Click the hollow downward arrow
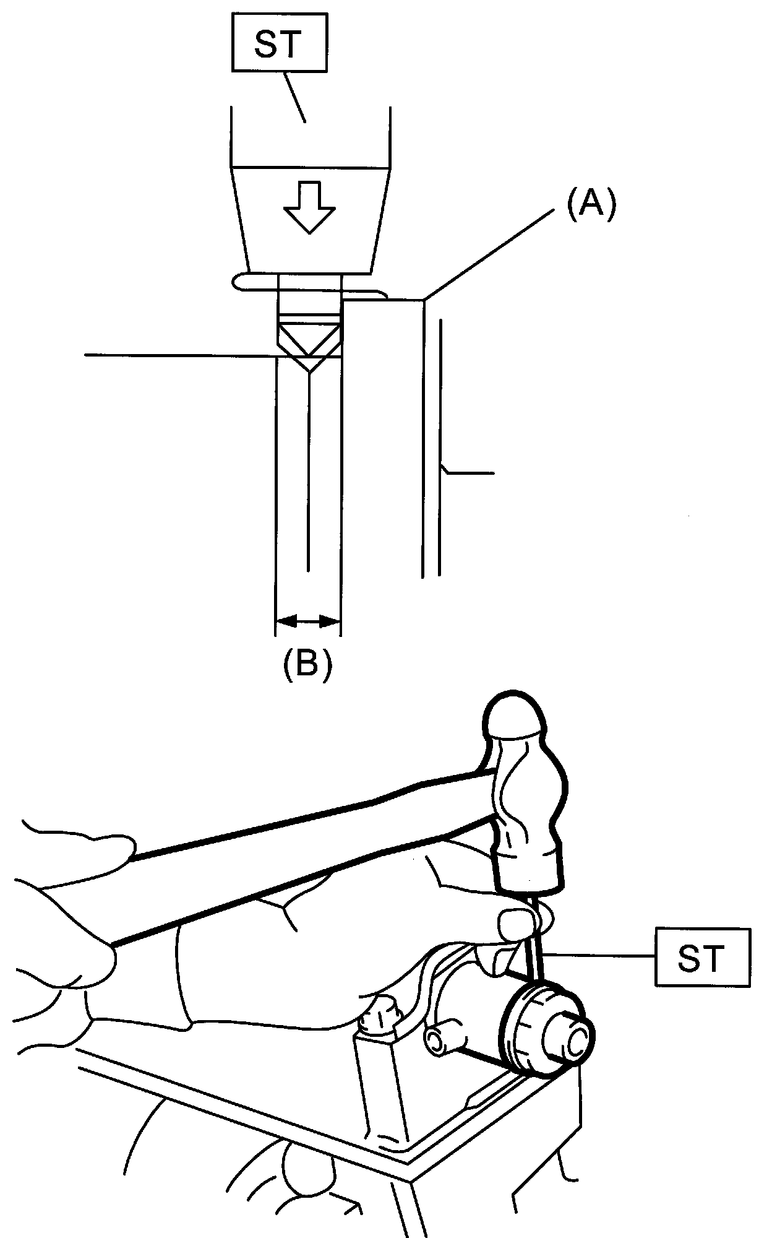pos(309,207)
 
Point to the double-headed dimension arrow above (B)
pos(307,620)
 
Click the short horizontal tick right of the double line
pos(469,474)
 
